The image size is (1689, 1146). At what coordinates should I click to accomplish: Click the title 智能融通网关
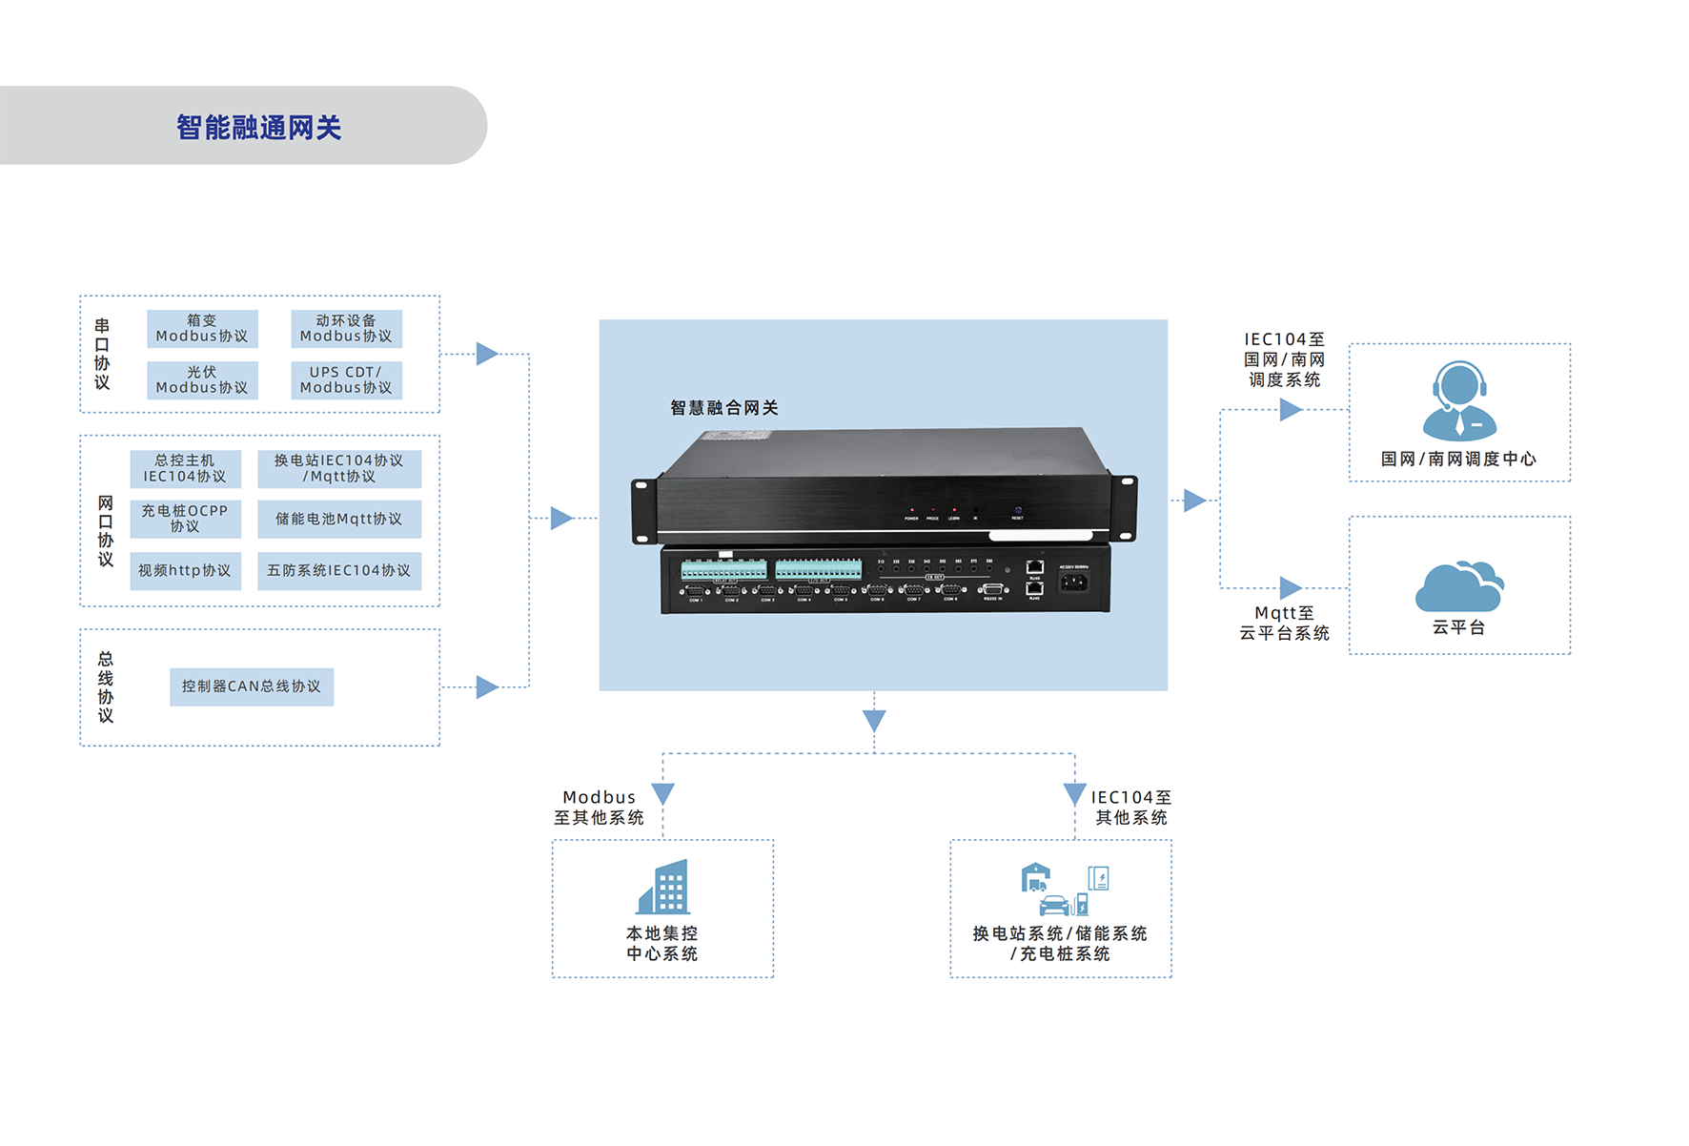coord(258,127)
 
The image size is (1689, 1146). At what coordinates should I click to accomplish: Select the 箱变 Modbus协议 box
coord(202,329)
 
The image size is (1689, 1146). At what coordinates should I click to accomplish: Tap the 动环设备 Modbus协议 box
coord(346,329)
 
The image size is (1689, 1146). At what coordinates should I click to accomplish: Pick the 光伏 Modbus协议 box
coord(202,380)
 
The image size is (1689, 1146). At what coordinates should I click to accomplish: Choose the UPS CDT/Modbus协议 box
coord(346,380)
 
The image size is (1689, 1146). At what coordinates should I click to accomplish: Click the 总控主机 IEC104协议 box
coord(185,469)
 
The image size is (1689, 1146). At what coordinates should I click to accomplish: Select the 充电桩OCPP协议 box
coord(185,519)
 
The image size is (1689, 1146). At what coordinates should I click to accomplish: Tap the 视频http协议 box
coord(185,571)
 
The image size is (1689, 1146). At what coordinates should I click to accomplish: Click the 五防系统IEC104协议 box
coord(338,571)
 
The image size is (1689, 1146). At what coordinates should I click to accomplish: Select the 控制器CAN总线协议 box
coord(252,686)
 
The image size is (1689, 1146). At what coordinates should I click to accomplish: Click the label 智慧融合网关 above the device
coord(724,408)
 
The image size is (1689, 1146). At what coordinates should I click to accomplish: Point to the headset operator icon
coord(1459,400)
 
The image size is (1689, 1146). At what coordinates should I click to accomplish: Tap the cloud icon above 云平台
coord(1459,586)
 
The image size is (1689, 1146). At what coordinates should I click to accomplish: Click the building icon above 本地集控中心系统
coord(663,887)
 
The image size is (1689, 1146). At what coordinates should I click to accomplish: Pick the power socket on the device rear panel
coord(1073,582)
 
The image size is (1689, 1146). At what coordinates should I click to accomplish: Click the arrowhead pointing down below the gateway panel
coord(874,720)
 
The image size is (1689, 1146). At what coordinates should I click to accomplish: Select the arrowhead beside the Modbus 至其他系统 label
coord(663,793)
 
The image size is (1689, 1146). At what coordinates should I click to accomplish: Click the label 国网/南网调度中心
coord(1458,460)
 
